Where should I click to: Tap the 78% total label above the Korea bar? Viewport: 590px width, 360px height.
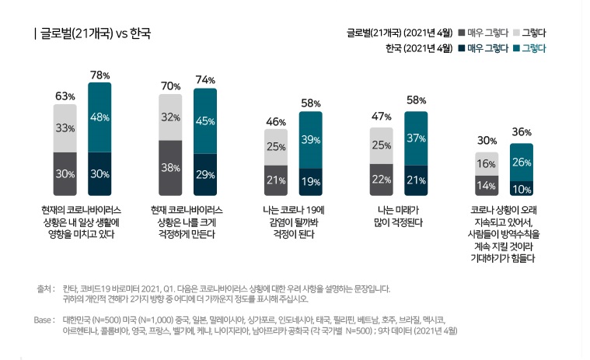99,75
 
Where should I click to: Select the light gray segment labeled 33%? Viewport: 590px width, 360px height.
65,128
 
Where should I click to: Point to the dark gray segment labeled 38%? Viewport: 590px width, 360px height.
170,167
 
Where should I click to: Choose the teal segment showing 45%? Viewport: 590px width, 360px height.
205,121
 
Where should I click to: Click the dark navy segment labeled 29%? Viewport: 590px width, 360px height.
205,174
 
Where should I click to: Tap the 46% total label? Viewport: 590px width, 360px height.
276,122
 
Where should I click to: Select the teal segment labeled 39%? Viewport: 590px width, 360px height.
311,140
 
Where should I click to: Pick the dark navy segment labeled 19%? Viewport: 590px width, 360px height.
311,181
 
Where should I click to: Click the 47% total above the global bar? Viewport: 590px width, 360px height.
381,117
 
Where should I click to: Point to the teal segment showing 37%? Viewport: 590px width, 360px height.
416,138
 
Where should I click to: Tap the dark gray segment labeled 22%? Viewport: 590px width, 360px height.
381,180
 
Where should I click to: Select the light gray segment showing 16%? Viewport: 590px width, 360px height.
487,164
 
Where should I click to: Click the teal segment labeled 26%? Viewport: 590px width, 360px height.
522,162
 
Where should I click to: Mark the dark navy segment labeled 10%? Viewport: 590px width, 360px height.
522,188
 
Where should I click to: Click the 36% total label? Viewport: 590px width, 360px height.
522,132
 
